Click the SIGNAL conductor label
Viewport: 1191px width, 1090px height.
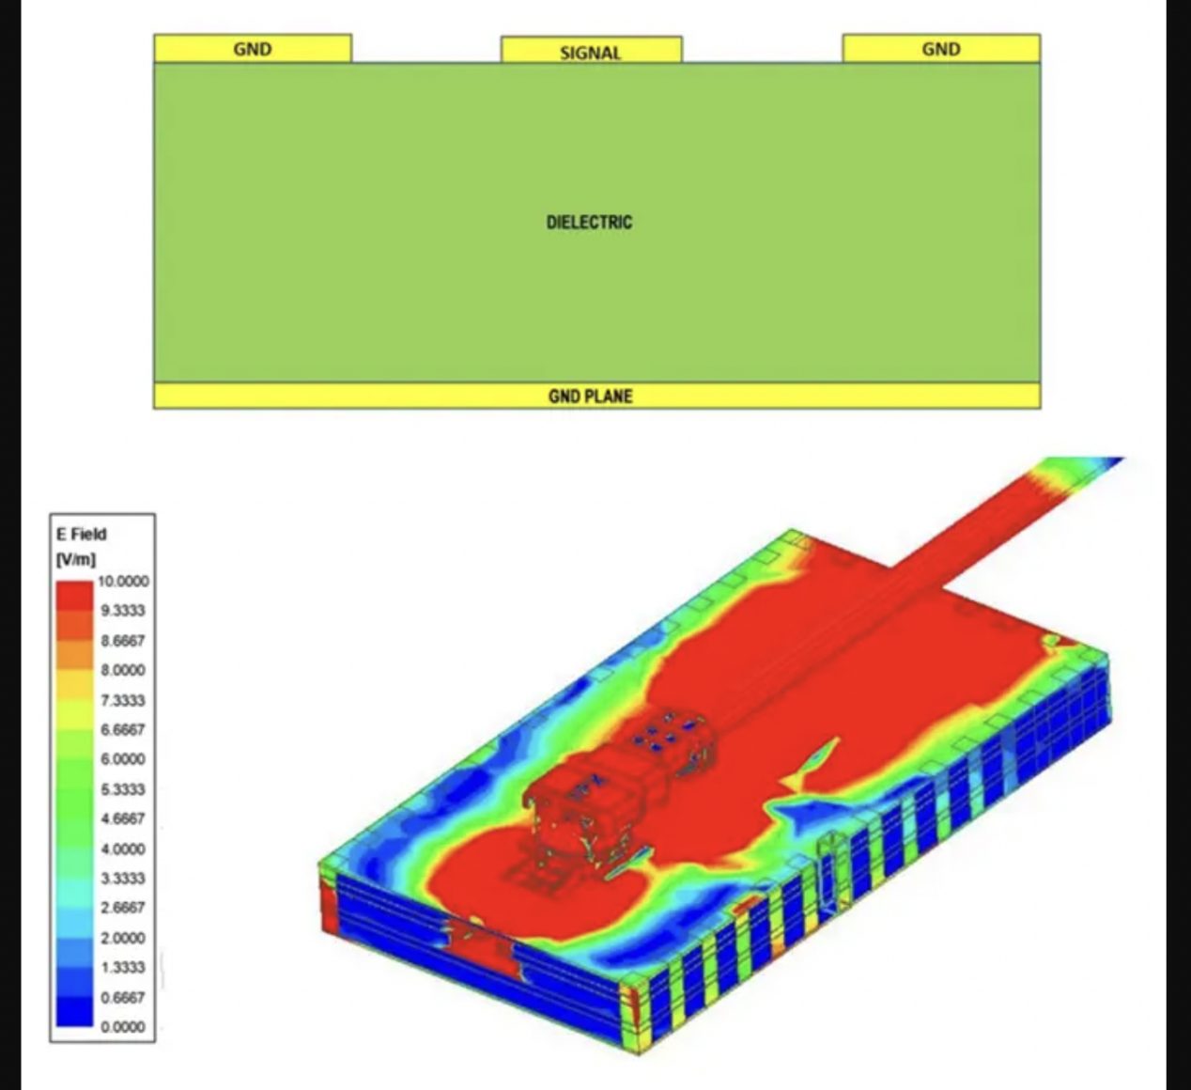[590, 53]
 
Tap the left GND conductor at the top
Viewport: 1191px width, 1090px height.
[253, 48]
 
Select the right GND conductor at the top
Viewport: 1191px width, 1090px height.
[941, 48]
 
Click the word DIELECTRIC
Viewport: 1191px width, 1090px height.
[589, 222]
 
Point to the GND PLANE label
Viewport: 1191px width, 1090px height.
[590, 397]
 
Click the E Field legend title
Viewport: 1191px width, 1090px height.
[82, 534]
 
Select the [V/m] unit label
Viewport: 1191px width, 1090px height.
[75, 559]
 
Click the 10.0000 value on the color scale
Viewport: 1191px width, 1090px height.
[123, 581]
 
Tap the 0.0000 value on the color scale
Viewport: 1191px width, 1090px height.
[123, 1027]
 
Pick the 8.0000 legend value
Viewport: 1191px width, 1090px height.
[123, 670]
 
